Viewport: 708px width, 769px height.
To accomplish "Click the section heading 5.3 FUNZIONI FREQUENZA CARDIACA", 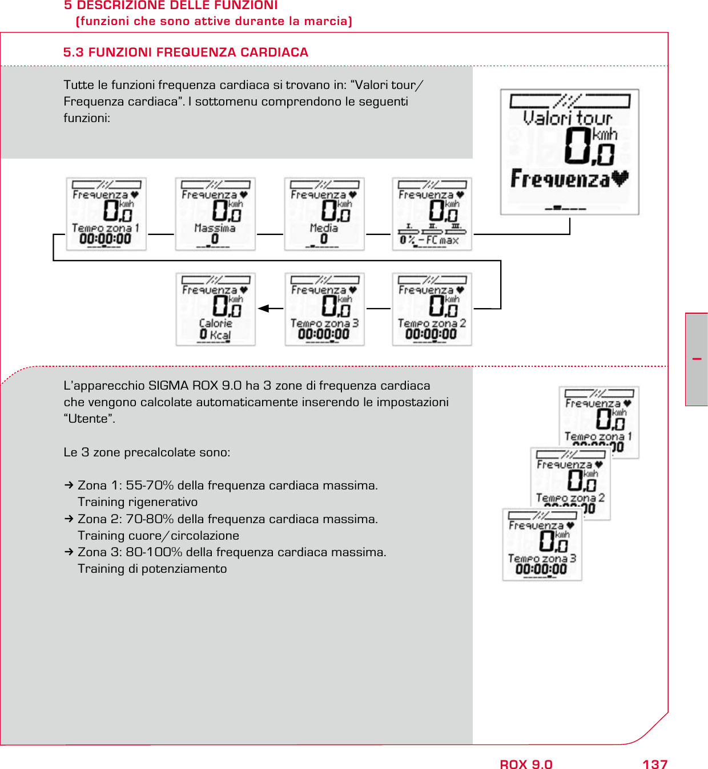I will point(186,52).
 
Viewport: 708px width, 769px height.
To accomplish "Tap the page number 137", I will point(654,764).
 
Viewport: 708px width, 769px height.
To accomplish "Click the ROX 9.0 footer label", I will point(526,764).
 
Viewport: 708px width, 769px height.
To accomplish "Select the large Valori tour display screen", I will point(569,152).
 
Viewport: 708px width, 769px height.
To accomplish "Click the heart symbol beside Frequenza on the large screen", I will point(619,179).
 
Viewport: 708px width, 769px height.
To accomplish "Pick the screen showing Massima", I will point(215,214).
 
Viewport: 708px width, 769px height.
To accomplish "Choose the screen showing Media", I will point(324,214).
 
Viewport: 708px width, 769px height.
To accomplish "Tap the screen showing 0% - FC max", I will point(432,214).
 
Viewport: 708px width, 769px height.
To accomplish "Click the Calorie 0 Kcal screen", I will point(215,309).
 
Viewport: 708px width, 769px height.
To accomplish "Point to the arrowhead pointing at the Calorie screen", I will point(263,309).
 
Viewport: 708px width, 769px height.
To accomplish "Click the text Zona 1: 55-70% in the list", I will point(126,485).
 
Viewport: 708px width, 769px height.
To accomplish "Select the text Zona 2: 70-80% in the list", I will point(126,519).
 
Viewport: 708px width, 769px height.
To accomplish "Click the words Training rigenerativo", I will point(138,502).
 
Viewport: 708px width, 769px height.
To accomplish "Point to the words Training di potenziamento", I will point(152,569).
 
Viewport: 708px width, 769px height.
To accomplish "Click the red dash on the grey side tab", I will point(697,359).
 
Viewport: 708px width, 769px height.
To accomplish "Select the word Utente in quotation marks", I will point(89,419).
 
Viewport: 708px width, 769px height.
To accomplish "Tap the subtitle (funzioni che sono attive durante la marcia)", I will point(214,21).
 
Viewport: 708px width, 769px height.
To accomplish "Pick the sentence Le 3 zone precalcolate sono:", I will point(147,452).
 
